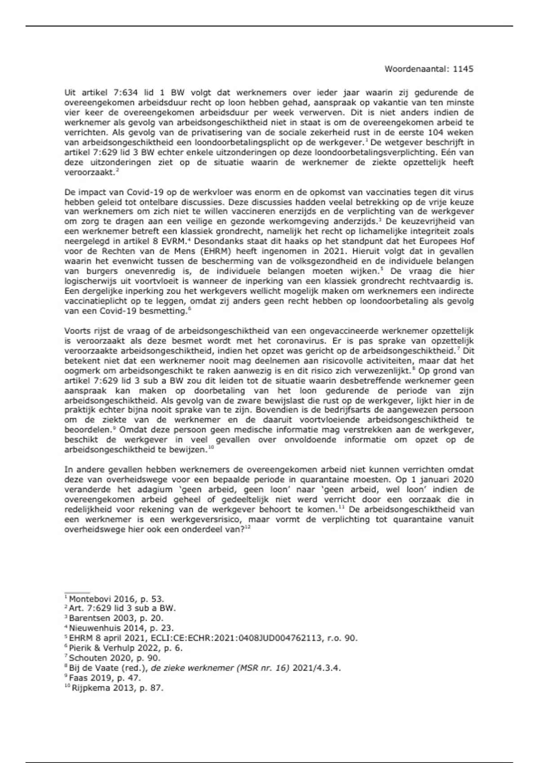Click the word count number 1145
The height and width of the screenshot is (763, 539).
click(x=463, y=69)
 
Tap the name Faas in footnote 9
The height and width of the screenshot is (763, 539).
click(x=78, y=678)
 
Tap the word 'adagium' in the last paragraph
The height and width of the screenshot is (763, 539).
click(x=155, y=489)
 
